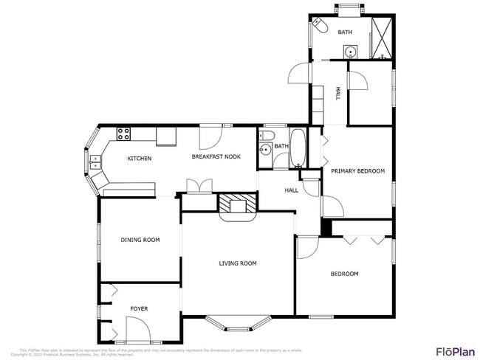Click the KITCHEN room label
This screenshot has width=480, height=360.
pyautogui.click(x=140, y=159)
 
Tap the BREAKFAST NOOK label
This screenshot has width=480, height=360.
pyautogui.click(x=216, y=156)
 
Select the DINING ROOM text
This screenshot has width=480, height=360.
pyautogui.click(x=140, y=240)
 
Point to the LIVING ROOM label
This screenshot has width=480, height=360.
pyautogui.click(x=237, y=263)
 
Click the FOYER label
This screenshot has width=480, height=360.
pyautogui.click(x=139, y=308)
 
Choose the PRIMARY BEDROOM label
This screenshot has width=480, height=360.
pyautogui.click(x=357, y=171)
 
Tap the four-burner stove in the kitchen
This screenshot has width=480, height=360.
pyautogui.click(x=123, y=134)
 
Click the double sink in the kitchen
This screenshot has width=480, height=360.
pyautogui.click(x=95, y=162)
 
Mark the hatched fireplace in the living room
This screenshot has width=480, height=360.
pyautogui.click(x=238, y=204)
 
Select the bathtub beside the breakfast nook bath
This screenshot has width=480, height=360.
pyautogui.click(x=298, y=148)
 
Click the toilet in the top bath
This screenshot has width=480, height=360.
pyautogui.click(x=320, y=26)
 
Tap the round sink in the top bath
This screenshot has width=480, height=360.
pyautogui.click(x=349, y=52)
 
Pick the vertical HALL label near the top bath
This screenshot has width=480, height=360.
pyautogui.click(x=338, y=94)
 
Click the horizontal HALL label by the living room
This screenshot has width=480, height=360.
pyautogui.click(x=291, y=190)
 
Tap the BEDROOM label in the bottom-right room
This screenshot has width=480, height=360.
pyautogui.click(x=343, y=274)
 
